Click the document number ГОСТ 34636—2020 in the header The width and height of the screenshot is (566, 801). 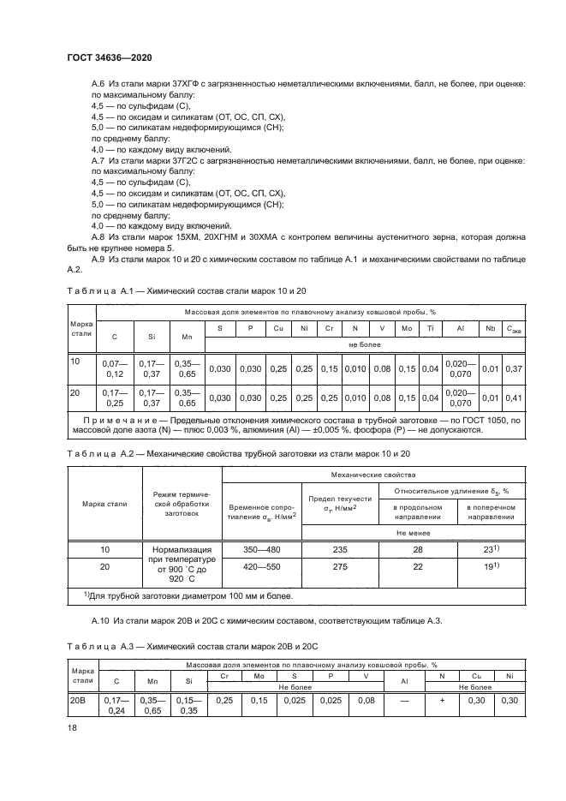click(104, 57)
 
